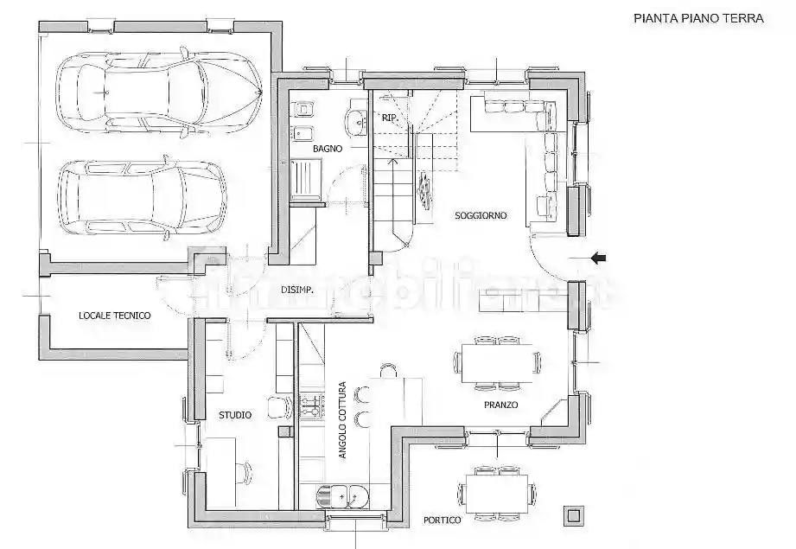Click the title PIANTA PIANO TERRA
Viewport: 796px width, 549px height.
click(x=698, y=17)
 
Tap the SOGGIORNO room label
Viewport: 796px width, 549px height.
click(x=481, y=215)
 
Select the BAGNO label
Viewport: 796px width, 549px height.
click(x=328, y=149)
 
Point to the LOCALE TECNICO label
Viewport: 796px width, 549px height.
click(x=114, y=316)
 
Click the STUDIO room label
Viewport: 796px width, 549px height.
click(x=235, y=415)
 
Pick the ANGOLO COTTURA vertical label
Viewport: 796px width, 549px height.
click(x=342, y=419)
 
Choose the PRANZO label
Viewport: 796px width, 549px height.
click(x=500, y=405)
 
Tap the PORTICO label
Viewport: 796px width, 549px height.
click(x=442, y=520)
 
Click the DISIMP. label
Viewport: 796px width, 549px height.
click(x=296, y=290)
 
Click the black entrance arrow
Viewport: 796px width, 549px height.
click(x=598, y=257)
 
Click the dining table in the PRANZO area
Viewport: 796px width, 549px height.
click(x=498, y=361)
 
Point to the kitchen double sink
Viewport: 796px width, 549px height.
click(x=343, y=497)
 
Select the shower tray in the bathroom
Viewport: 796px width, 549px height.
click(x=305, y=181)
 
